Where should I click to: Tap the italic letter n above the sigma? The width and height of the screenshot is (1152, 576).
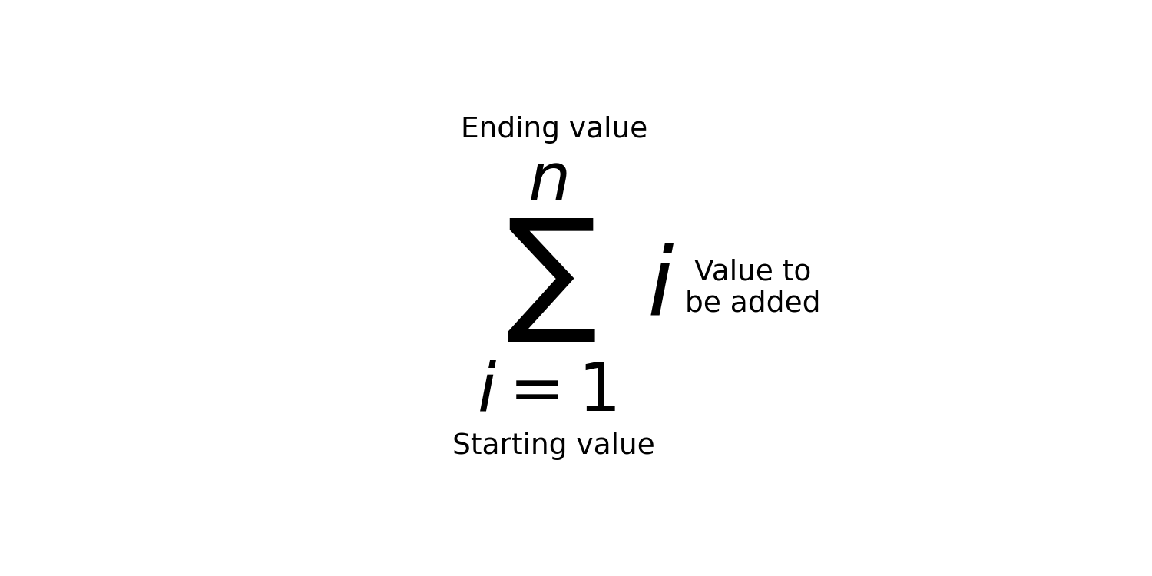pyautogui.click(x=549, y=180)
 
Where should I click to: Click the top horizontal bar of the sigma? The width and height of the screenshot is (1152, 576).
pyautogui.click(x=551, y=224)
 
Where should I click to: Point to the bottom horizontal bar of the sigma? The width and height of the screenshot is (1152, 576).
pyautogui.click(x=551, y=336)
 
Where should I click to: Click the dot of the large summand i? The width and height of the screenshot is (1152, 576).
pyautogui.click(x=667, y=248)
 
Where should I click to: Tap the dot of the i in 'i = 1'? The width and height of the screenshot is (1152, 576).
pyautogui.click(x=492, y=364)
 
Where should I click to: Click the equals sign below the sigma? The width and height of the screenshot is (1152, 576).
pyautogui.click(x=537, y=389)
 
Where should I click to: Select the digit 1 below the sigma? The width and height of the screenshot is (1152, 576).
pyautogui.click(x=600, y=386)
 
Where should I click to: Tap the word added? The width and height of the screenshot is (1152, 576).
pyautogui.click(x=775, y=301)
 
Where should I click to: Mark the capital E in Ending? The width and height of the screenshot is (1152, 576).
pyautogui.click(x=469, y=127)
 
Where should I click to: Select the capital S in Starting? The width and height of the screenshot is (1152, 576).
pyautogui.click(x=462, y=444)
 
